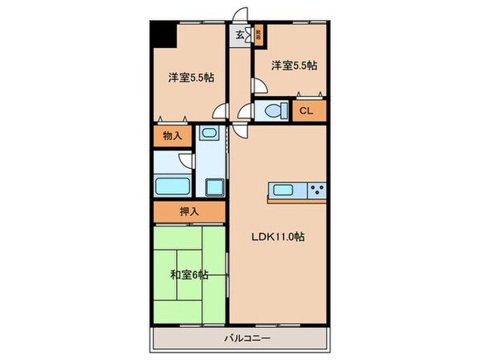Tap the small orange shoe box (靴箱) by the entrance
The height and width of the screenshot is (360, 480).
click(259, 34)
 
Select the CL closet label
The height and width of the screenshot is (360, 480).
click(306, 111)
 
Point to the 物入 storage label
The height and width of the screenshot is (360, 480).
click(173, 136)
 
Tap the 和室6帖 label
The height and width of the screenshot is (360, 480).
click(190, 274)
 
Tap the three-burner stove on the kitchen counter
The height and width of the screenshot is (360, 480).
click(316, 190)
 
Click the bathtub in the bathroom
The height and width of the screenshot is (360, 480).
click(172, 187)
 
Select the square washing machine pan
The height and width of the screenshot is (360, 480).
click(214, 188)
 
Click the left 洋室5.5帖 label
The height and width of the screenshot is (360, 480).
click(190, 78)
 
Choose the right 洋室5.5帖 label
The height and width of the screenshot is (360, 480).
click(293, 66)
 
